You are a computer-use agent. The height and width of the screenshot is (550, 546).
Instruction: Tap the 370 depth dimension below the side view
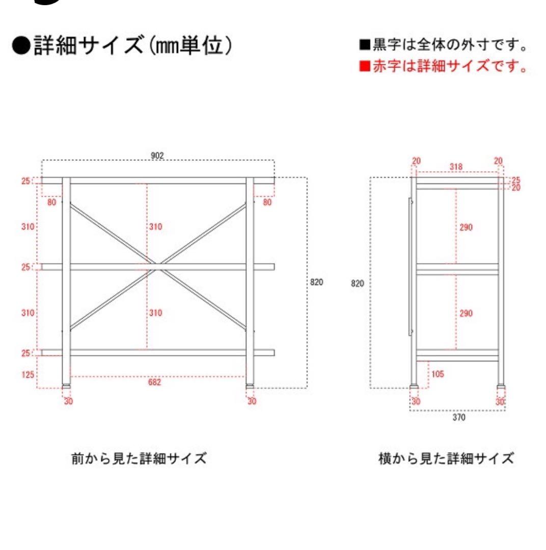point(458,417)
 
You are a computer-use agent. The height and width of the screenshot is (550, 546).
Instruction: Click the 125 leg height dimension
point(28,375)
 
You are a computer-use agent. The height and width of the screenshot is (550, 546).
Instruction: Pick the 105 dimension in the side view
point(437,374)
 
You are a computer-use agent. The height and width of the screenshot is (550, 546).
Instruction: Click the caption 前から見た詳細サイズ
point(139,458)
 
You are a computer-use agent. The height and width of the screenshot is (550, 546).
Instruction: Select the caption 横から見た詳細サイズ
point(446,458)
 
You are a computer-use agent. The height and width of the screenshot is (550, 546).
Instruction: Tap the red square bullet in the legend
point(363,67)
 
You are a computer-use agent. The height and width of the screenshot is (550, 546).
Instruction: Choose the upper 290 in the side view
point(466,227)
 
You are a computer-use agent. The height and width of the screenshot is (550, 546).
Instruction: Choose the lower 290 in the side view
point(466,313)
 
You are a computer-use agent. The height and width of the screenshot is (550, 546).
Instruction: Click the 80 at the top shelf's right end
point(267,202)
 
